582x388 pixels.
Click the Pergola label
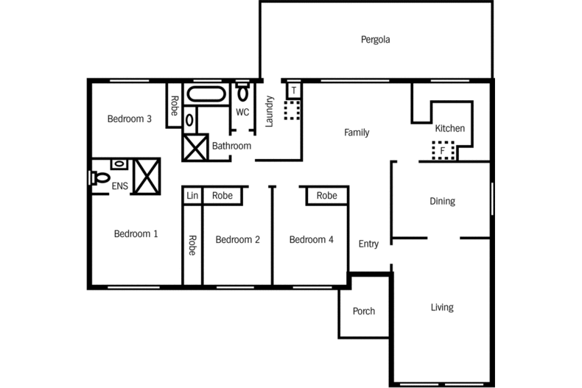click(375, 40)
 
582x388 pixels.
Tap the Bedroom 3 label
click(129, 119)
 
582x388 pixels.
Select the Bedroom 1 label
click(136, 234)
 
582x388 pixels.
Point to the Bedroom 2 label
click(237, 239)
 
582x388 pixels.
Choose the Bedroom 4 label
click(311, 239)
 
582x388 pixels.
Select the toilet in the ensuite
click(100, 177)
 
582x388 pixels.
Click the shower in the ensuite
click(146, 175)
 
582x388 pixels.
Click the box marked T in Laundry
click(294, 91)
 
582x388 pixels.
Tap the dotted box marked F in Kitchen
click(442, 150)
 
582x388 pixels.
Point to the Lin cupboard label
click(192, 196)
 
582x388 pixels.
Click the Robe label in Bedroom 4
click(326, 196)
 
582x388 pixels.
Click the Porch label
click(364, 311)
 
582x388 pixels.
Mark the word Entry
click(368, 244)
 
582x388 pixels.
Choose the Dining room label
click(442, 201)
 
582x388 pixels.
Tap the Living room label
click(442, 308)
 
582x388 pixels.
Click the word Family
click(357, 133)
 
